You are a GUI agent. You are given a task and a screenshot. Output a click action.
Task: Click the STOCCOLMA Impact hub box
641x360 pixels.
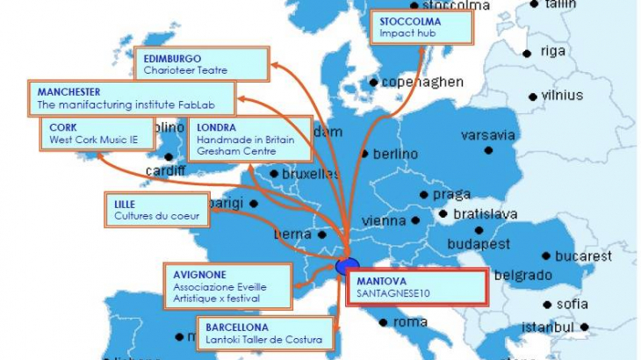tap(420, 27)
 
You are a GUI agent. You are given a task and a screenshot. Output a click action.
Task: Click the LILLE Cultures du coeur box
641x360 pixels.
tap(156, 209)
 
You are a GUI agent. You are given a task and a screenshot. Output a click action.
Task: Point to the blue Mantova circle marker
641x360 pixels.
tap(347, 266)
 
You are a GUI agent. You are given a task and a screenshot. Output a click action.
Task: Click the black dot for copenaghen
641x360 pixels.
tap(374, 83)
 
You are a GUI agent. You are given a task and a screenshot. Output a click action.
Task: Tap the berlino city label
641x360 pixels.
tap(396, 154)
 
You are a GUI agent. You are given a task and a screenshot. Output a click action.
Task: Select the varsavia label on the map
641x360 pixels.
tap(487, 136)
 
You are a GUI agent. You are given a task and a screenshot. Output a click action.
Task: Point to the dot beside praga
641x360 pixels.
tap(424, 194)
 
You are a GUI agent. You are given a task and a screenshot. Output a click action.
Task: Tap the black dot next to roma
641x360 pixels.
tap(386, 322)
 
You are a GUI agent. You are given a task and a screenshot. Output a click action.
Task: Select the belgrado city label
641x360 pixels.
tap(522, 275)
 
